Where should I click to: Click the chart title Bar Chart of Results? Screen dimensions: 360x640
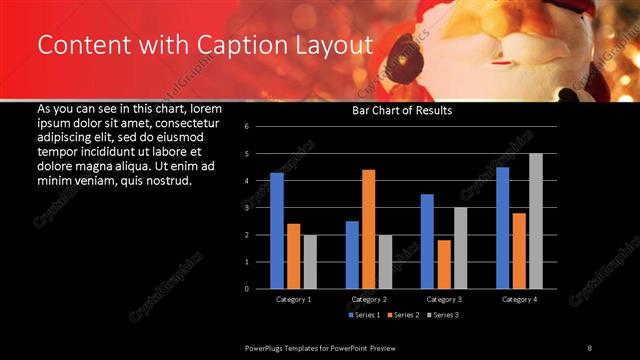401,111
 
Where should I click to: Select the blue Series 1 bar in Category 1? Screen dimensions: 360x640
277,231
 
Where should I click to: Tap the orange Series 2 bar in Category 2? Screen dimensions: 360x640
368,229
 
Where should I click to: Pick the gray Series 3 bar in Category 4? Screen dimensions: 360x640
535,221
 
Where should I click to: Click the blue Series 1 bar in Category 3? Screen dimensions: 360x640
427,241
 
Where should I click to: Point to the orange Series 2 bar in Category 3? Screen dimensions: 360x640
443,264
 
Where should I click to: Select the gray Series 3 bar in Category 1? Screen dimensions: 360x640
310,262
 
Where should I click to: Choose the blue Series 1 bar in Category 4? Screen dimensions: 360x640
502,228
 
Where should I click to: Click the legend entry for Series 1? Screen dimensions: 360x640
364,315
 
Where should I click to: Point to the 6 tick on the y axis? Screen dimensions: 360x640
260,127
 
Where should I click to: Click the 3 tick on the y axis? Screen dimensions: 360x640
260,208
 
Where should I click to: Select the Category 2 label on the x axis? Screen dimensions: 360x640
369,299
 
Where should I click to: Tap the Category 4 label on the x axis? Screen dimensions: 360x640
518,299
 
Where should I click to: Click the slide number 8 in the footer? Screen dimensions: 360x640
589,347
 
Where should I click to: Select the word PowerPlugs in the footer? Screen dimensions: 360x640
267,347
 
